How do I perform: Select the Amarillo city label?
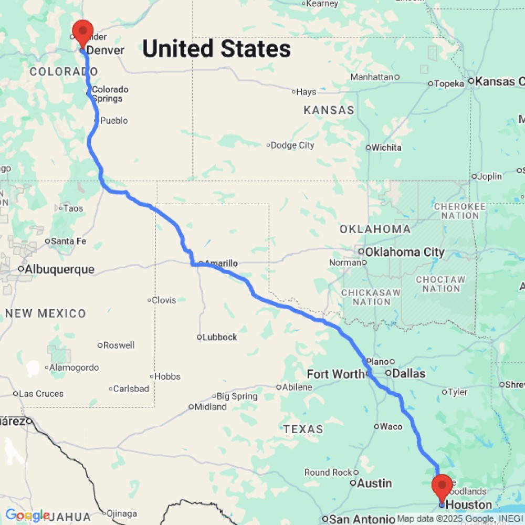pyautogui.click(x=221, y=263)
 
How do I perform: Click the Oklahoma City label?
pyautogui.click(x=405, y=252)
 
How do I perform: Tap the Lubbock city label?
pyautogui.click(x=220, y=337)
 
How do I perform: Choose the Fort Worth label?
pyautogui.click(x=335, y=374)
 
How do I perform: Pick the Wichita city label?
pyautogui.click(x=386, y=148)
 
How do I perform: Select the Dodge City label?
pyautogui.click(x=292, y=145)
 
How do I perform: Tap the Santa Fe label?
pyautogui.click(x=68, y=241)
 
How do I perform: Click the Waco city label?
pyautogui.click(x=391, y=426)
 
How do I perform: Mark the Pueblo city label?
pyautogui.click(x=113, y=121)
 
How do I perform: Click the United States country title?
pyautogui.click(x=216, y=49)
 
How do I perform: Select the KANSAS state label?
pyautogui.click(x=329, y=110)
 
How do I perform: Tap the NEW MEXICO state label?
pyautogui.click(x=46, y=313)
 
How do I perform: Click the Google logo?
pyautogui.click(x=27, y=515)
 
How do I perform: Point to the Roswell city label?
pyautogui.click(x=119, y=345)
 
